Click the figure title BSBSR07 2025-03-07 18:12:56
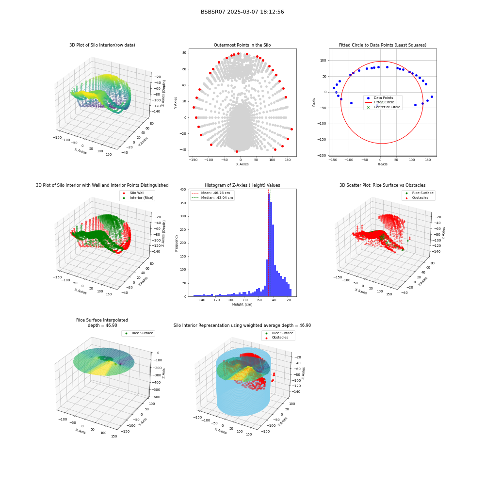click(x=242, y=12)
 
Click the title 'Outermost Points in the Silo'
click(x=242, y=45)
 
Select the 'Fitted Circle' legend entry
click(x=384, y=102)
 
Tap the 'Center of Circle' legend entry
click(x=384, y=107)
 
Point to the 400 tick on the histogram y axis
click(x=183, y=190)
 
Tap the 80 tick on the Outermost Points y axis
click(x=184, y=53)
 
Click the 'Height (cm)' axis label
click(x=242, y=305)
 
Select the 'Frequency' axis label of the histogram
click(x=177, y=243)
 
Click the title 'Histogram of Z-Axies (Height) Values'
click(x=242, y=185)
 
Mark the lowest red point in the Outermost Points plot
click(x=237, y=151)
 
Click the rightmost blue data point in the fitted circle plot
click(x=432, y=97)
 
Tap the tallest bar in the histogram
click(x=269, y=245)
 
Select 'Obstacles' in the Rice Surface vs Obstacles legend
click(x=420, y=198)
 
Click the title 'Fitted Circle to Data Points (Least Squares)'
click(x=383, y=45)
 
